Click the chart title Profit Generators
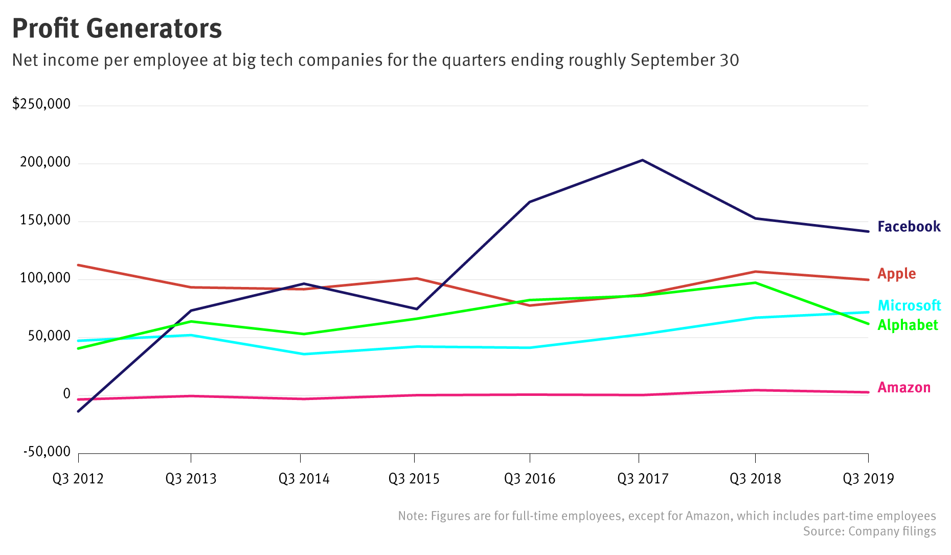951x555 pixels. tap(117, 29)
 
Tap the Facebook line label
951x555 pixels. tap(909, 227)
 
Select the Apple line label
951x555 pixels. tap(896, 274)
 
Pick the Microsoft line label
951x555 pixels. tap(909, 305)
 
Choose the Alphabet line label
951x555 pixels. tap(908, 325)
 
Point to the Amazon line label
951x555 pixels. tap(903, 387)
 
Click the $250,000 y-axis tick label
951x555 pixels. tap(41, 104)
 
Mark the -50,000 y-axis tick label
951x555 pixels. tap(47, 452)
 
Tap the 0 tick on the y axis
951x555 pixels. tap(66, 394)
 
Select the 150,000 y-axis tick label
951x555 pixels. tap(45, 220)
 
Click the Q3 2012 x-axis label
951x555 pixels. tap(78, 479)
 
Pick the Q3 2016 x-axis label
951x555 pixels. tap(530, 479)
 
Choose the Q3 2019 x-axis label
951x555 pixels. tap(868, 479)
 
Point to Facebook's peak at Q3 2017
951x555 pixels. tap(642, 160)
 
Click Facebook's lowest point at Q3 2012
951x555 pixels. tap(78, 411)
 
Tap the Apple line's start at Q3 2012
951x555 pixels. tap(78, 265)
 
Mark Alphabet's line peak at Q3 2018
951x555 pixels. tap(755, 282)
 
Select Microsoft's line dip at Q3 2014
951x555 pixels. tap(304, 354)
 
